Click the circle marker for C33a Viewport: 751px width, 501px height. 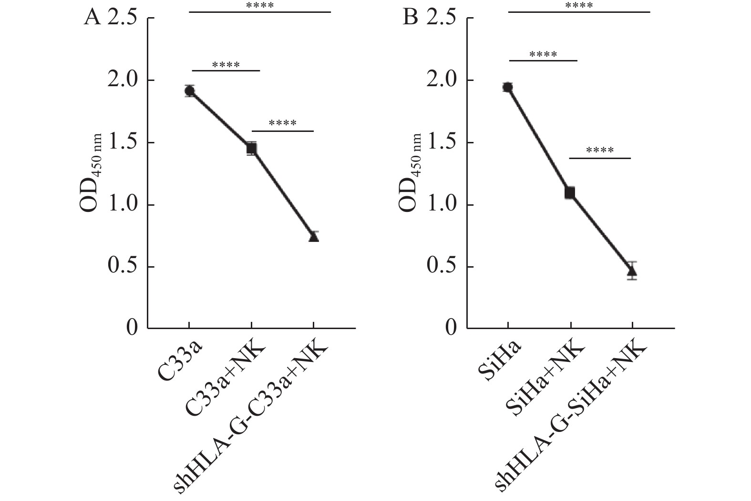[x=189, y=91]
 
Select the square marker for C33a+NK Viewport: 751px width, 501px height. [x=251, y=149]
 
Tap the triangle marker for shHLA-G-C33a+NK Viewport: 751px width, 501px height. [x=313, y=237]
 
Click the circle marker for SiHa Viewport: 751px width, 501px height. [x=507, y=87]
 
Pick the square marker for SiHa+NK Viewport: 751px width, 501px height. [x=569, y=193]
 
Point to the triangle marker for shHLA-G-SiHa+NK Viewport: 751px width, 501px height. [x=632, y=271]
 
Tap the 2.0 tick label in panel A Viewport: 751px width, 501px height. [x=122, y=80]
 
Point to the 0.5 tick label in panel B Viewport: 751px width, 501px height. [x=442, y=267]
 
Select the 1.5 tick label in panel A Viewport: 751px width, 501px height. [x=122, y=142]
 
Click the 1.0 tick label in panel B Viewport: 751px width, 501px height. [x=442, y=205]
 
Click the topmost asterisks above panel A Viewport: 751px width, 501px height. [x=260, y=6]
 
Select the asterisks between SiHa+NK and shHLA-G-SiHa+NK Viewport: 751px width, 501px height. [x=600, y=151]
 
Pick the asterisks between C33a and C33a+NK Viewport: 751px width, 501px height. [x=226, y=65]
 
